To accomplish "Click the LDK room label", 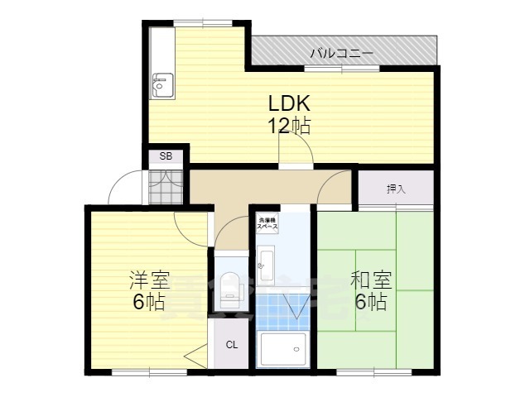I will (288, 104).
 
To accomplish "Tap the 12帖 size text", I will (288, 126).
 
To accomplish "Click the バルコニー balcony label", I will (341, 54).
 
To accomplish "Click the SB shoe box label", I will (166, 155).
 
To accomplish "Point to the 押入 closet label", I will (396, 189).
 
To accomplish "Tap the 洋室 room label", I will (149, 280).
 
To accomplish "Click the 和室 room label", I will (370, 280).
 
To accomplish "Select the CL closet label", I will (233, 345).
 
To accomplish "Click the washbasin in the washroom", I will (266, 265).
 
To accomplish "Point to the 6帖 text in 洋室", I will (149, 302).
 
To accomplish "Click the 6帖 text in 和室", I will (370, 302).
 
